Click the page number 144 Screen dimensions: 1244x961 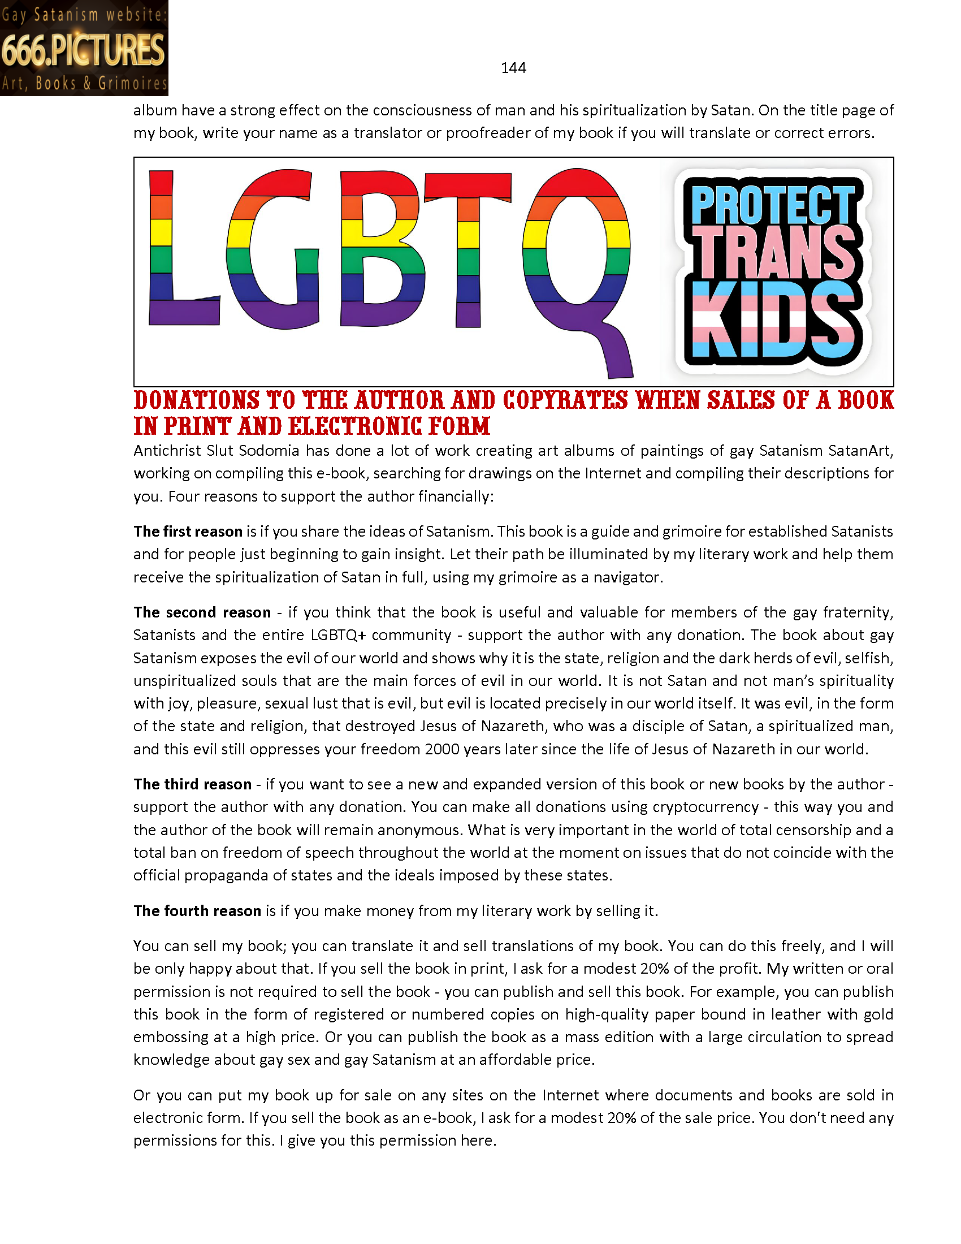(513, 68)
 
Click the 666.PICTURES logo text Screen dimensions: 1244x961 (83, 50)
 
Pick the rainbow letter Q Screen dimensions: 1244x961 (577, 256)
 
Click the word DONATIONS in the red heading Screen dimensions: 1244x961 (196, 400)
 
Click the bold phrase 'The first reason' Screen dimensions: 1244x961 (188, 532)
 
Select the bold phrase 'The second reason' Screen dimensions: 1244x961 (202, 612)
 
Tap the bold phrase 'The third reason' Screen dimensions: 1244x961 (192, 784)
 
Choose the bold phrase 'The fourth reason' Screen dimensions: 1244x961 (197, 911)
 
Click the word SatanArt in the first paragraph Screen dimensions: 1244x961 (860, 451)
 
